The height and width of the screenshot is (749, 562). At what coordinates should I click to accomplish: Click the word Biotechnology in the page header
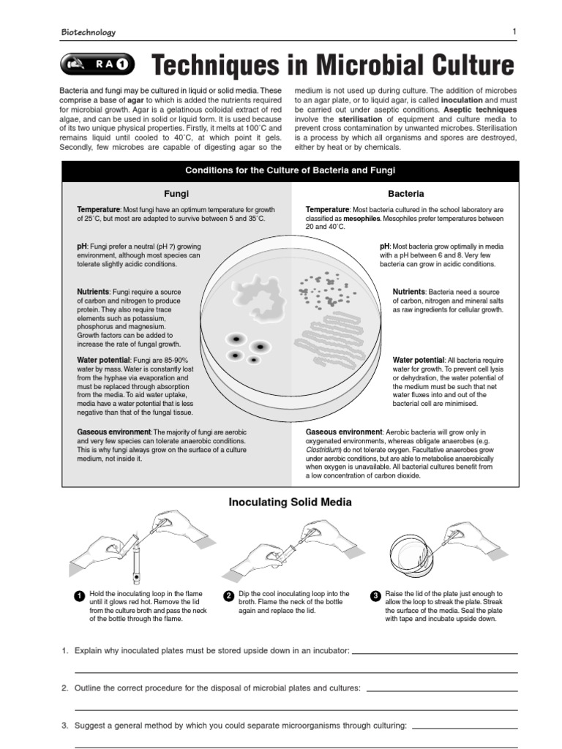click(x=88, y=32)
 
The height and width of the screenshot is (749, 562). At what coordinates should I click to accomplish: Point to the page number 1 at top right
click(x=514, y=31)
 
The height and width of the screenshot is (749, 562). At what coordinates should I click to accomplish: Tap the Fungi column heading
click(x=176, y=194)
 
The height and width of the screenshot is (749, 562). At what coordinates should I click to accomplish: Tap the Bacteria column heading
click(x=406, y=194)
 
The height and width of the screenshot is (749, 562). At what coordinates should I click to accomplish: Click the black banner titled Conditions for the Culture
click(x=290, y=170)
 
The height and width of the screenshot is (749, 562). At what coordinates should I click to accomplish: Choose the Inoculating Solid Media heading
click(x=290, y=502)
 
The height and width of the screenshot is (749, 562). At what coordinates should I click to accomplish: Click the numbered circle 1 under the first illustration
click(x=79, y=596)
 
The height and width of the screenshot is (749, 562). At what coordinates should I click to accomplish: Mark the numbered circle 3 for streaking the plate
click(x=375, y=596)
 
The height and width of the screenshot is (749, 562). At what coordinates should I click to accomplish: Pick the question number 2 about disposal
click(x=64, y=688)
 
